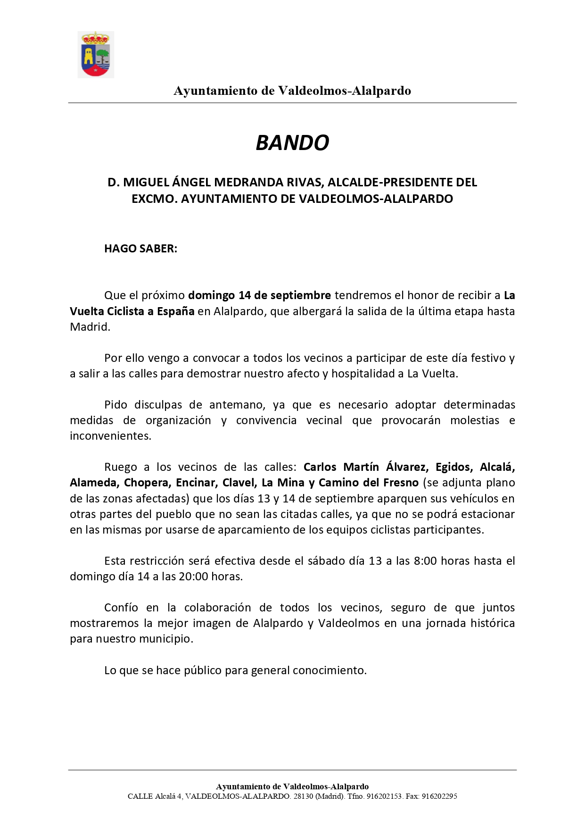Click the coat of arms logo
[x=96, y=54]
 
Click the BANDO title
[x=292, y=142]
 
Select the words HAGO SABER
[x=140, y=249]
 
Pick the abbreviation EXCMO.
[x=154, y=199]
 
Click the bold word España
[x=175, y=311]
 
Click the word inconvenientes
[x=110, y=436]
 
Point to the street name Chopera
[x=146, y=483]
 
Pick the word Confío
[x=121, y=608]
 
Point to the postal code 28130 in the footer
[x=303, y=796]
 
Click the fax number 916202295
[x=439, y=796]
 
